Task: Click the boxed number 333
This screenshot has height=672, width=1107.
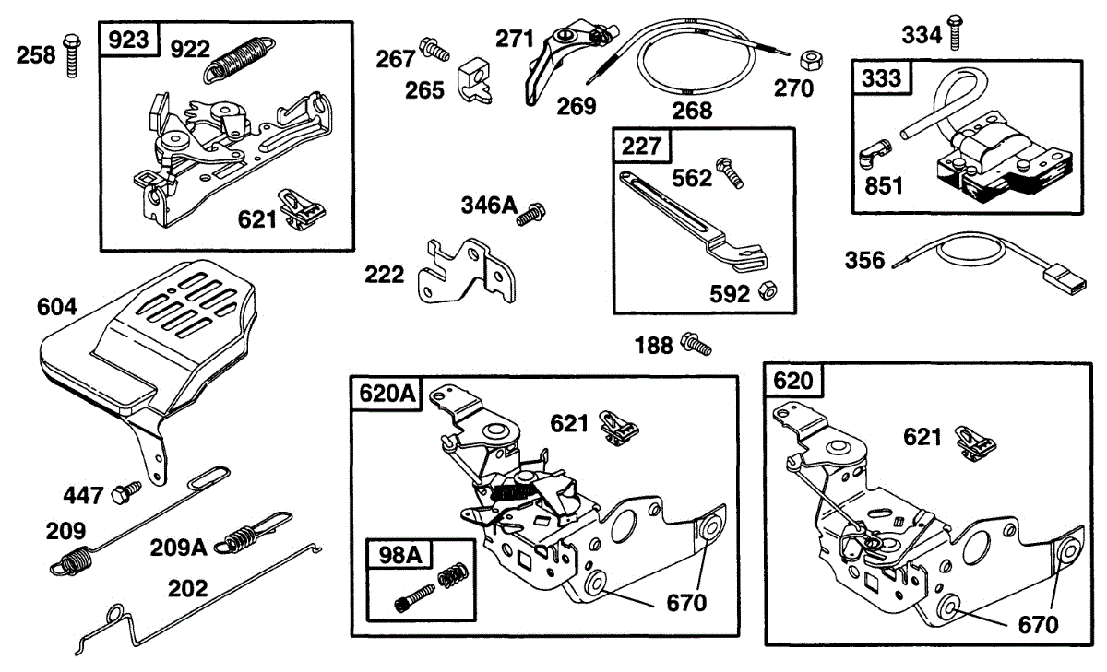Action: (881, 78)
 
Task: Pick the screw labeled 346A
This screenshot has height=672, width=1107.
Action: (530, 216)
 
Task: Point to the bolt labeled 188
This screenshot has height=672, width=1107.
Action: (696, 345)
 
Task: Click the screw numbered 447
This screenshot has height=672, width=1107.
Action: (125, 491)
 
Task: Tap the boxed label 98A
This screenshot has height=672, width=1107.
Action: (399, 556)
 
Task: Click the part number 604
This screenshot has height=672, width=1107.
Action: (57, 306)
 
